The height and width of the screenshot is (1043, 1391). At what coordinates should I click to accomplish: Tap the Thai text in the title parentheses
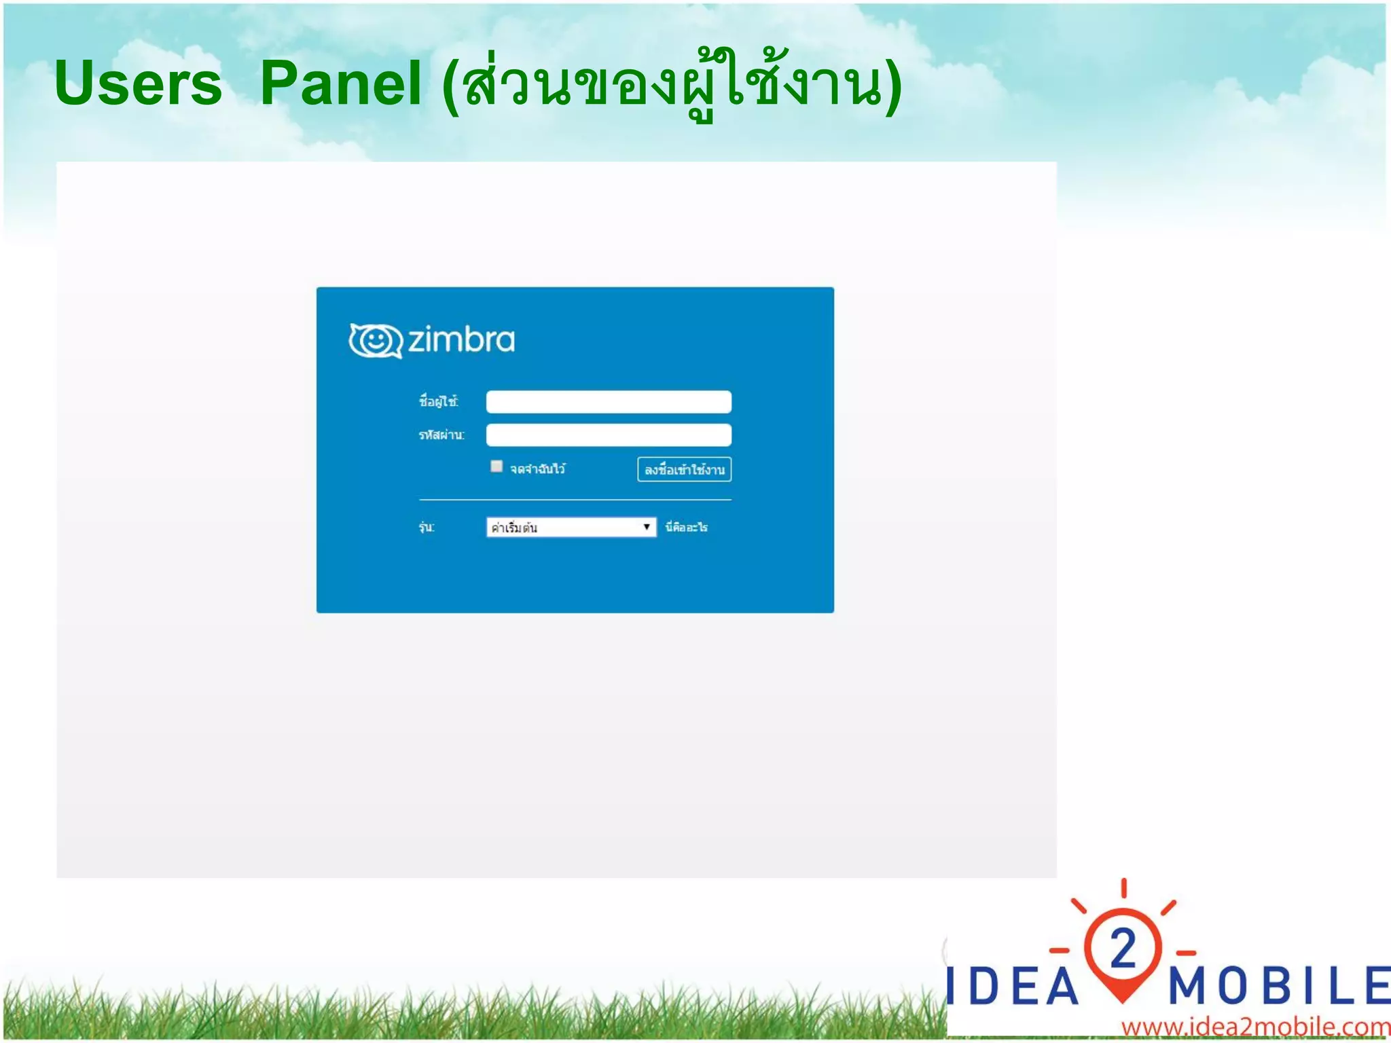[x=672, y=85]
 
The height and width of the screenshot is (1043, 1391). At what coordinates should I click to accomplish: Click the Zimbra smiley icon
[x=375, y=340]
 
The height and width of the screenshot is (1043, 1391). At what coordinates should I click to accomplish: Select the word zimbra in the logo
[x=461, y=340]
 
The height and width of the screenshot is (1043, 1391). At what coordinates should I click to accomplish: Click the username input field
[x=609, y=402]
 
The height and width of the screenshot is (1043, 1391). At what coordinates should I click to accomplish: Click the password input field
[x=609, y=435]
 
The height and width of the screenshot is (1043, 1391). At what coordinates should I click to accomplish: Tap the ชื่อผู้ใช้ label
[x=439, y=401]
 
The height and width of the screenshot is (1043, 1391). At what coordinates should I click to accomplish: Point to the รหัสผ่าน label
[x=441, y=435]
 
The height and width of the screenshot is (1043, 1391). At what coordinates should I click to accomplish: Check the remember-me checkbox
[x=496, y=466]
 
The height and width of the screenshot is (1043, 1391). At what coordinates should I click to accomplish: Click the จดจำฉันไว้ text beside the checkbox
[x=538, y=469]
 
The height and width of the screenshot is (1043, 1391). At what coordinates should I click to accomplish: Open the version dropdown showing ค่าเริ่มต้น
[x=564, y=528]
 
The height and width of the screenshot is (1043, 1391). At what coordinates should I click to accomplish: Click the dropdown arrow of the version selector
[x=647, y=528]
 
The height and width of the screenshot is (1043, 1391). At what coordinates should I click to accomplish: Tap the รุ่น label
[x=427, y=528]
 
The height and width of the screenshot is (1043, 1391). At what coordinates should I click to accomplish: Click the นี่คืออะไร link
[x=687, y=528]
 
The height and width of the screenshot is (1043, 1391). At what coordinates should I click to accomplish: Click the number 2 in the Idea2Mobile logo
[x=1123, y=949]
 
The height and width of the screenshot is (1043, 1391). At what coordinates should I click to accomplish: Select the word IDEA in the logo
[x=1012, y=986]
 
